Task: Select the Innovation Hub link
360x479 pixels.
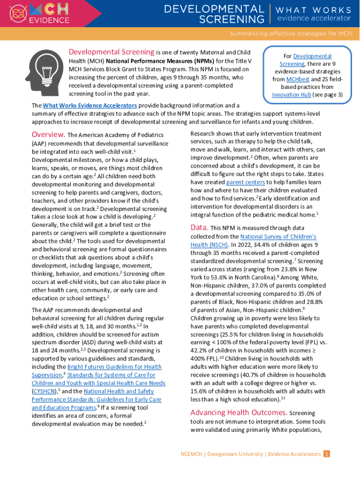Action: click(x=292, y=94)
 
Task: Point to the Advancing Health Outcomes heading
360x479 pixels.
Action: click(x=238, y=412)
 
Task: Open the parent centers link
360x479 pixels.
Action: click(x=245, y=182)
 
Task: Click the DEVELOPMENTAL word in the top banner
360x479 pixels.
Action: click(x=214, y=9)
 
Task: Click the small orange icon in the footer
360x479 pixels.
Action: click(x=327, y=454)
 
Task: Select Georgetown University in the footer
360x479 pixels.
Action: click(x=235, y=454)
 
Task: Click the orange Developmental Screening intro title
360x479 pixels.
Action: click(x=111, y=52)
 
